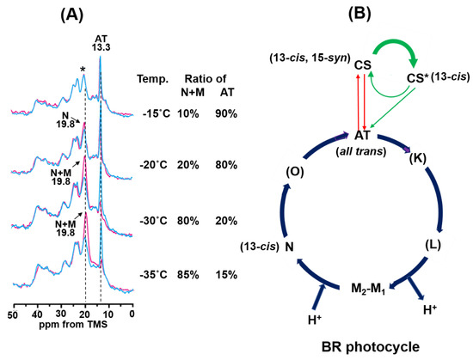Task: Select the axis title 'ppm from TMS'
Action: click(x=71, y=328)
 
